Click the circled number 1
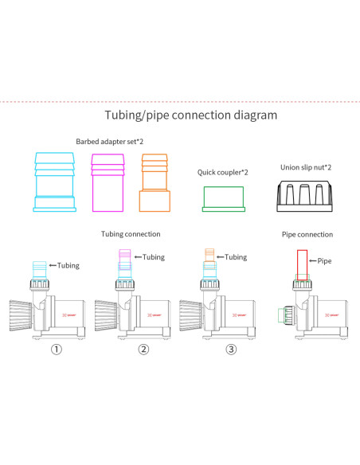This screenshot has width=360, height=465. (x=57, y=349)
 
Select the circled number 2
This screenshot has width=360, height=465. (x=143, y=349)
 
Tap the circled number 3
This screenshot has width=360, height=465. (x=231, y=349)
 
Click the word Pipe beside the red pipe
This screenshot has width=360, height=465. (x=324, y=261)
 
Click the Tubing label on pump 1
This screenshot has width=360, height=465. (x=68, y=265)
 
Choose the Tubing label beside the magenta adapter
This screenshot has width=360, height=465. (x=154, y=257)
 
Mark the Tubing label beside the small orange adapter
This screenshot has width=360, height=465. (x=236, y=257)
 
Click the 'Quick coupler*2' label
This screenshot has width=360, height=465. (x=223, y=172)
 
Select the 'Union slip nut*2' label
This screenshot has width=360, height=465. (x=306, y=167)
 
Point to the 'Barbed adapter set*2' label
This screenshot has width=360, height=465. (x=110, y=142)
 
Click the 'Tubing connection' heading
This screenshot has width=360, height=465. (x=131, y=234)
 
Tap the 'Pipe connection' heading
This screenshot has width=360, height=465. (x=307, y=235)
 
